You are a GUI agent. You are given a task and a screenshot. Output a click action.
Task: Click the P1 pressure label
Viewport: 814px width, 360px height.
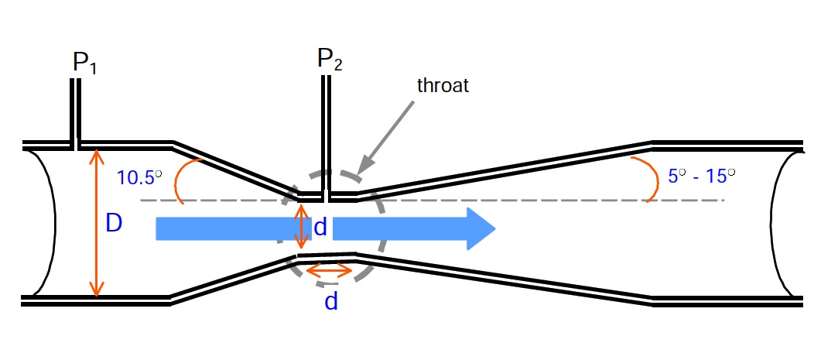[x=84, y=63]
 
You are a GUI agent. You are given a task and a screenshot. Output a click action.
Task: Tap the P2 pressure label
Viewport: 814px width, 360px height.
[x=330, y=59]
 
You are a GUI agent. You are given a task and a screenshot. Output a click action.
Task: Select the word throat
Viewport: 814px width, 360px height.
[x=443, y=85]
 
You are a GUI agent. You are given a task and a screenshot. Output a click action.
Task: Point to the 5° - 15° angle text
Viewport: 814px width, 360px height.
[x=701, y=176]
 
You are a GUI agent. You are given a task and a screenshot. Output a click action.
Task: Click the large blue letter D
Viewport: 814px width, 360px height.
[x=114, y=224]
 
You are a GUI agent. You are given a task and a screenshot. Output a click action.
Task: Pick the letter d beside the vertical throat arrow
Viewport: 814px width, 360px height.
[x=320, y=228]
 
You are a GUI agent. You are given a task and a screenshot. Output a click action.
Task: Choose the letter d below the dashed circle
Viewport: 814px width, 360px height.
[x=331, y=301]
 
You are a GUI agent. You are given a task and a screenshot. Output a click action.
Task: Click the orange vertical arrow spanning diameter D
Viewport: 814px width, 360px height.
[x=95, y=223]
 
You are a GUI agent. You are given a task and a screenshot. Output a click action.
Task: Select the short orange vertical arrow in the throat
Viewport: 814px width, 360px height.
[x=300, y=227]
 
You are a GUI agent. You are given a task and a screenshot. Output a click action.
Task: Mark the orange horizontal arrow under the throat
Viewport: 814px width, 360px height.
[x=330, y=270]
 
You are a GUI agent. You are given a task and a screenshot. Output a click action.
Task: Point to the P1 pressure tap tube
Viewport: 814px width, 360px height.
[x=76, y=114]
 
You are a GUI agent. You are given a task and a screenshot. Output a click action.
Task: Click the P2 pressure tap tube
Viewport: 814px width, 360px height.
[x=326, y=138]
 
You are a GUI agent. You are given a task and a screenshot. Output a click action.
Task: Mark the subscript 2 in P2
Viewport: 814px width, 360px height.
[x=337, y=64]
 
